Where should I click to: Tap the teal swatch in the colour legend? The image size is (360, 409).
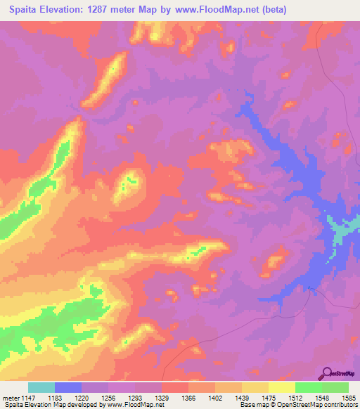click(x=41, y=387)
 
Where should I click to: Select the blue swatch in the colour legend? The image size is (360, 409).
click(x=68, y=387)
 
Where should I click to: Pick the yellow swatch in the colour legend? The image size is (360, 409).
click(x=282, y=387)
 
